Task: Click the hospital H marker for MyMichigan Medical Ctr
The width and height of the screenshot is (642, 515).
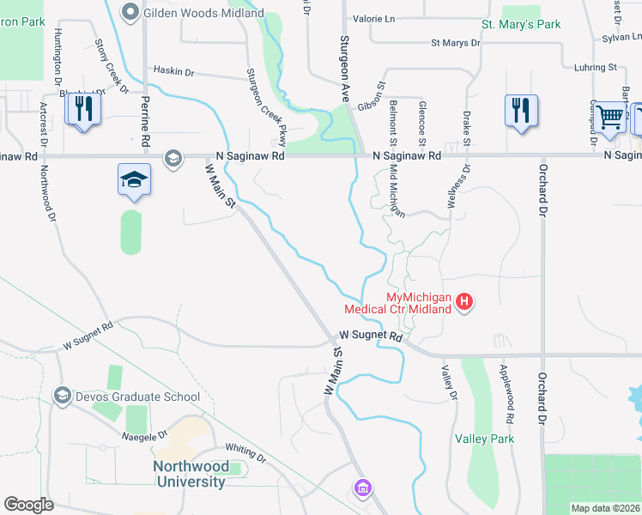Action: tap(464, 301)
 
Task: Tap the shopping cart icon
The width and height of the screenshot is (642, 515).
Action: tap(609, 117)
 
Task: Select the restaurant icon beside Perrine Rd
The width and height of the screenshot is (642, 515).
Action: tap(83, 109)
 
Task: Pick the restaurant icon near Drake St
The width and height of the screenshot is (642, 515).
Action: tap(521, 111)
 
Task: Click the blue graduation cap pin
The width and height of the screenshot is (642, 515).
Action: tap(134, 180)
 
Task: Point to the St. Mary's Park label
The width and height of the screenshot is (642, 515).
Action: tap(521, 24)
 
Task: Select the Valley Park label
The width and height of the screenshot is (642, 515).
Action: tap(485, 439)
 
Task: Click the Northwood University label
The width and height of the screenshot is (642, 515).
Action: tap(190, 474)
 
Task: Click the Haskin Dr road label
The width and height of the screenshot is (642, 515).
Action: tap(174, 70)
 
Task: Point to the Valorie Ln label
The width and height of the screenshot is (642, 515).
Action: tap(373, 18)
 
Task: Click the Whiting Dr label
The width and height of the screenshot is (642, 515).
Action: tap(246, 449)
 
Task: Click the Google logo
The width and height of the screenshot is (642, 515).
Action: tap(28, 505)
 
